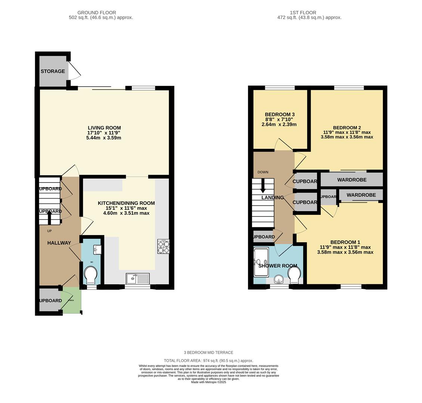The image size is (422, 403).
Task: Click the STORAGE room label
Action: coord(53,71)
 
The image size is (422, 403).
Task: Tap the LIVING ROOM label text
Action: coord(104,128)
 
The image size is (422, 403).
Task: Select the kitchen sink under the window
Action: coord(137,278)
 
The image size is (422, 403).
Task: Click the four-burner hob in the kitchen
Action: coord(163,247)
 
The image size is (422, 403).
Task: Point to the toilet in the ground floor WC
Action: coord(91,275)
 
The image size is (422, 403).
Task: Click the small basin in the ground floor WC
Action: coord(97,249)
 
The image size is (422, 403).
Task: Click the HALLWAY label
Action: coord(59,243)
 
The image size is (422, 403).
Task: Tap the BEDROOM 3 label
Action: coord(280,114)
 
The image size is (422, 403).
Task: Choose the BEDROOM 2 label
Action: coord(347,127)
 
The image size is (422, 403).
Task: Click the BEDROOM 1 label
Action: coord(345,242)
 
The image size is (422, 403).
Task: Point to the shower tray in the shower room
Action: coord(261,262)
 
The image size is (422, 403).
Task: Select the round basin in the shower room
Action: coord(279,279)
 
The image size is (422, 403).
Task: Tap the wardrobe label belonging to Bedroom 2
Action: coord(352,180)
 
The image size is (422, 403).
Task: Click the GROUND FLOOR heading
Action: coord(97,13)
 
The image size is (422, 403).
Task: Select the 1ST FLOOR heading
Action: coord(303,13)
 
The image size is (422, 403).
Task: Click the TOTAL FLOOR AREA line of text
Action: coord(208,361)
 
